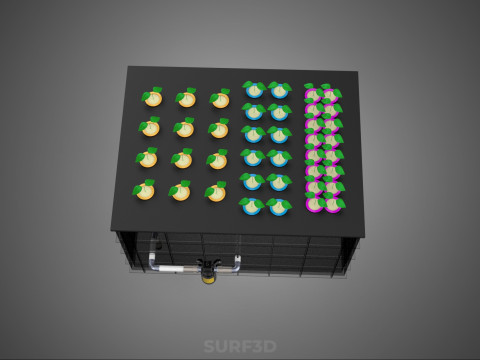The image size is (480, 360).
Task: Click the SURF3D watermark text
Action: [x=240, y=346]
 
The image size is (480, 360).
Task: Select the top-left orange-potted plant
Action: [x=153, y=98]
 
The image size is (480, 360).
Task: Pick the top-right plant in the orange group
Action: [x=220, y=100]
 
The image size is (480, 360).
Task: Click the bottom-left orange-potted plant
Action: [x=145, y=191]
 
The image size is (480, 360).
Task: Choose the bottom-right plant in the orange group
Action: [x=216, y=193]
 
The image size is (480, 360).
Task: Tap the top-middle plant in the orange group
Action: [x=187, y=99]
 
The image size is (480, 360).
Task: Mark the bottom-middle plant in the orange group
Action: [x=180, y=192]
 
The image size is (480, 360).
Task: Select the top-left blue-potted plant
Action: [x=254, y=91]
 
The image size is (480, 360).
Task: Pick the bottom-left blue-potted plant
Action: [x=251, y=206]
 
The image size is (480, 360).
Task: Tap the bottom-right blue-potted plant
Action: [x=279, y=207]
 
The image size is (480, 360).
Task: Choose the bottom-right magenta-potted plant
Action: [x=333, y=204]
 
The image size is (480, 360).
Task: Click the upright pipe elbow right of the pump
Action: [x=237, y=263]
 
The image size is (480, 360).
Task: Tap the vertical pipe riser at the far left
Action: [x=153, y=251]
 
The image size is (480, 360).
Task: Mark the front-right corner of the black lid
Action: [x=363, y=235]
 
